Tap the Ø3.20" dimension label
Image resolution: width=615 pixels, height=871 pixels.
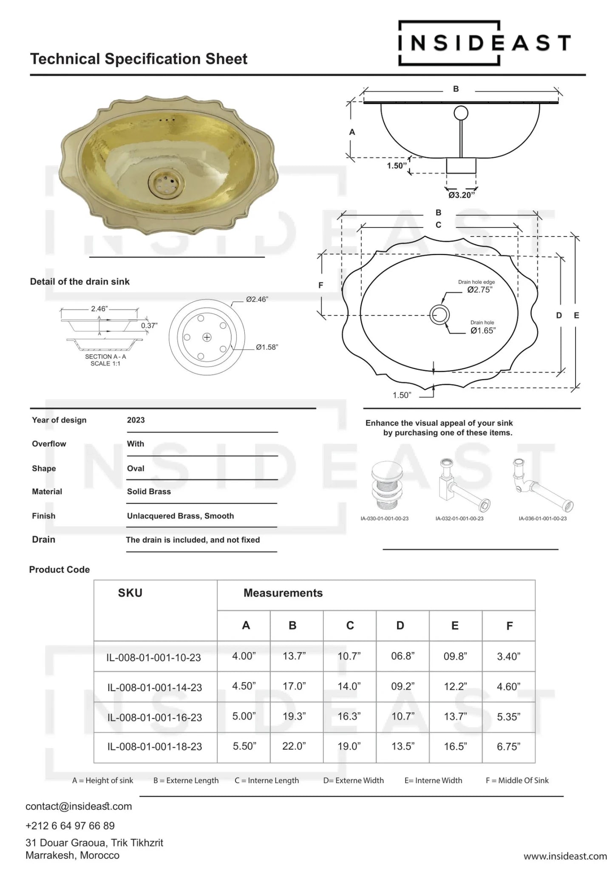coord(462,195)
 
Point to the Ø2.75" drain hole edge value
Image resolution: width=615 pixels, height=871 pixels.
coord(479,290)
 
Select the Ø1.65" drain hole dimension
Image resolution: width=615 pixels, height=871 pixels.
coord(482,330)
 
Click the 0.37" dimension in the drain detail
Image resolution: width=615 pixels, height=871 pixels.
coord(149,325)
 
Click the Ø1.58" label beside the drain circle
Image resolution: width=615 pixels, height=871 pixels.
coord(266,347)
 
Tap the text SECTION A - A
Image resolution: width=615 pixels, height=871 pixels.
coord(105,356)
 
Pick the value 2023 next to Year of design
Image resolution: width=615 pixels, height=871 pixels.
coord(136,420)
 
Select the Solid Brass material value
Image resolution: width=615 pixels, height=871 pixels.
coord(149,491)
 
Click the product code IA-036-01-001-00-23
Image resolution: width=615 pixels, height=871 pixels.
coord(542,518)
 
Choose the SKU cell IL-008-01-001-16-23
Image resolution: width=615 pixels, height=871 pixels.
coord(155,717)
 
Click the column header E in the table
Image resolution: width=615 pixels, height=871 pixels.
coord(455,626)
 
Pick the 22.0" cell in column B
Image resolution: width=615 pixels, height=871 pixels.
coord(294,746)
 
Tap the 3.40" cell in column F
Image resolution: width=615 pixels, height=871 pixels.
coord(508,657)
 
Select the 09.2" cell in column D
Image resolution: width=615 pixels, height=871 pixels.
coord(402,686)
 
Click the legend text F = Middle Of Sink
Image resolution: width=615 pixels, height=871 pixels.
coord(517,780)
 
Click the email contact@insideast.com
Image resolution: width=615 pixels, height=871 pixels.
coord(79,806)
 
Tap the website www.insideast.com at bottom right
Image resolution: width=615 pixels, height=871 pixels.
coord(565,856)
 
